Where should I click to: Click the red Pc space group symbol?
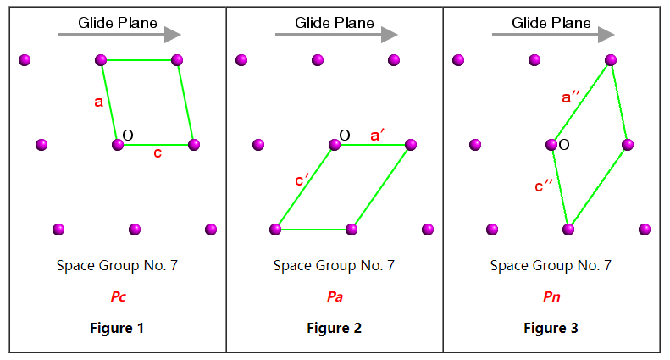pos(118,297)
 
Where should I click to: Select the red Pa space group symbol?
pos(335,297)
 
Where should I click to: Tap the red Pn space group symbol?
pos(551,297)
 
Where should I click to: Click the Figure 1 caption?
pos(118,328)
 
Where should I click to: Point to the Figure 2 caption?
pos(335,328)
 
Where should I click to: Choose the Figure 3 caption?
pos(551,328)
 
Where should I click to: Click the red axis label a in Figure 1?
pos(99,102)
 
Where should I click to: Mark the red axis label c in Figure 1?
pos(158,153)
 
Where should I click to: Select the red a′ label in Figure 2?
pos(379,134)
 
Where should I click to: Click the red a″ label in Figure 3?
pos(572,97)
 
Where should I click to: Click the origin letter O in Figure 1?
pos(128,135)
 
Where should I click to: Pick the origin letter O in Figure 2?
pos(344,135)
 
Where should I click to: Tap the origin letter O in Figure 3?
pos(564,146)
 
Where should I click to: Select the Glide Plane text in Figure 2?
pos(335,23)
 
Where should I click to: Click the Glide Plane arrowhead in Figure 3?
pos(606,35)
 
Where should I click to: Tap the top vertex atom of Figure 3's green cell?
pos(611,60)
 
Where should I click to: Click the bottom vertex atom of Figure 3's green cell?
pos(568,230)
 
